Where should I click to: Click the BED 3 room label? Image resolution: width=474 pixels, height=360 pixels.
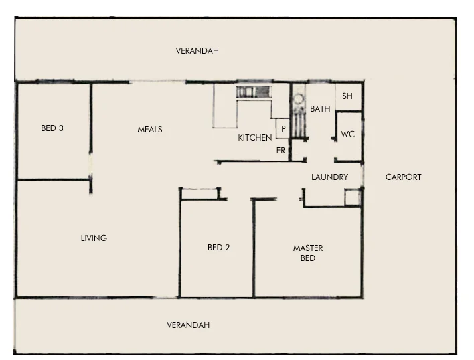click(x=52, y=128)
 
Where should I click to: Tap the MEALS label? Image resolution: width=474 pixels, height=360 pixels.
click(x=150, y=130)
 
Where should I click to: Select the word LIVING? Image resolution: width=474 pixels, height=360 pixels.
click(x=94, y=238)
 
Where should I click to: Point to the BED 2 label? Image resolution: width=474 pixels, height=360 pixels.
click(x=219, y=248)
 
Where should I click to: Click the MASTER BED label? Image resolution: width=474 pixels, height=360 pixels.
click(x=308, y=253)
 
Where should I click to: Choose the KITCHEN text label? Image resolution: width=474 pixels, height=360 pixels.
click(x=255, y=138)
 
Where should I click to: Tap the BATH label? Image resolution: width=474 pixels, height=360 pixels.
click(x=320, y=109)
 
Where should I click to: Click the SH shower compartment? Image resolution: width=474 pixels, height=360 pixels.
click(x=347, y=96)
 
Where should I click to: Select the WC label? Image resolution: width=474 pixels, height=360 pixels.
click(x=348, y=134)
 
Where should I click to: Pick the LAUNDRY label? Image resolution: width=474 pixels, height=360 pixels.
click(x=330, y=177)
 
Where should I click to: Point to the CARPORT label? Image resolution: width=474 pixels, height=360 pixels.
click(x=404, y=177)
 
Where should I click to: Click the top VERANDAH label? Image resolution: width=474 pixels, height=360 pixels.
click(x=197, y=51)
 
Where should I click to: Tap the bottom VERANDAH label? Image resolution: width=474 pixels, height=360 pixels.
click(x=188, y=325)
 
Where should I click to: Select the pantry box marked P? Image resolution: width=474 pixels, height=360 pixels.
click(x=283, y=128)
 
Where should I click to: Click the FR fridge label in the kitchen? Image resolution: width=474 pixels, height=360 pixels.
click(x=281, y=151)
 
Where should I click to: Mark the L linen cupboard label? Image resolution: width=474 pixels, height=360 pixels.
click(x=298, y=151)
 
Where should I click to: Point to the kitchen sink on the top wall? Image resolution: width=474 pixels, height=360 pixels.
click(x=255, y=92)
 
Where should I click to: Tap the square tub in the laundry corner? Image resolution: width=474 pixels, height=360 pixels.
click(x=352, y=197)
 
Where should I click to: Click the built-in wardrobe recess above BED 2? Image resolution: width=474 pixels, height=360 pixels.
click(x=200, y=193)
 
